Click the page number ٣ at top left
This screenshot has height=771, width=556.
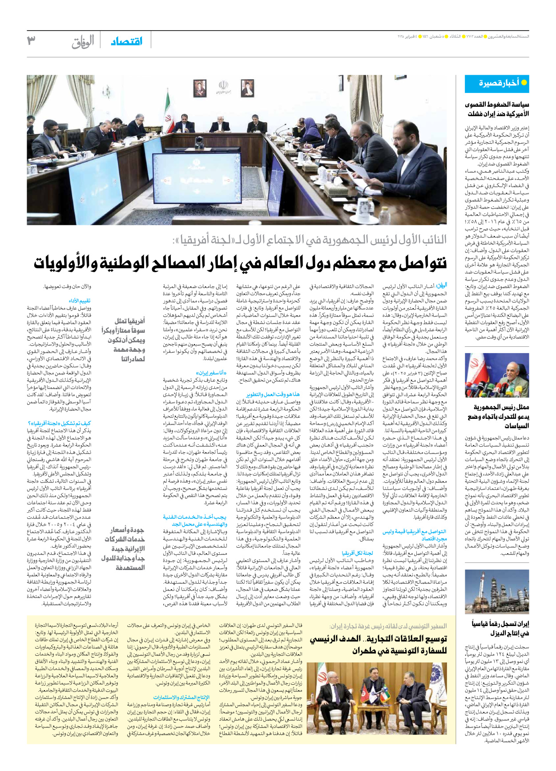pyautogui.click(x=31, y=41)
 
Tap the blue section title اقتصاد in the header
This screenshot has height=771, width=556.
pyautogui.click(x=127, y=41)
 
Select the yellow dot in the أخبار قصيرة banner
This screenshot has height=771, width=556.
pyautogui.click(x=524, y=83)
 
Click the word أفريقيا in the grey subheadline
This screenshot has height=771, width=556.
pyautogui.click(x=193, y=240)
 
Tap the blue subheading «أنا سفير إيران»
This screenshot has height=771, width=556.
pyautogui.click(x=212, y=373)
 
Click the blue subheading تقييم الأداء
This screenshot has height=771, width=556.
pyautogui.click(x=80, y=301)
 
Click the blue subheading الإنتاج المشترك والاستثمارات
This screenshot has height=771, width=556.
pyautogui.click(x=181, y=698)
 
